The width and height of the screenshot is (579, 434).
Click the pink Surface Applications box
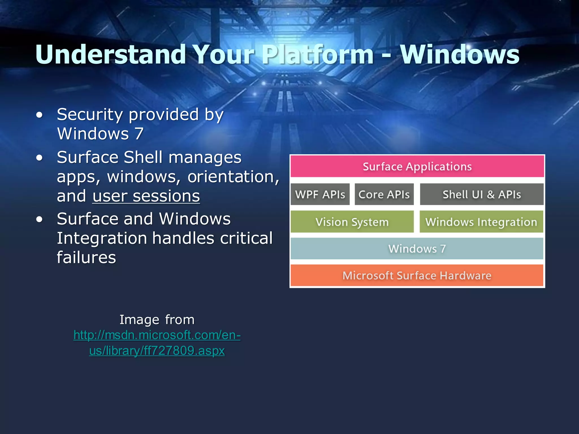tap(417, 166)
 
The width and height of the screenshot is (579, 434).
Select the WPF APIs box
tap(320, 194)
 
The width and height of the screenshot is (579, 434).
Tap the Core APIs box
tap(384, 194)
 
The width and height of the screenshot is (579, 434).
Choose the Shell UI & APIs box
tap(481, 194)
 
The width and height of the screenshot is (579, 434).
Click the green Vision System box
tap(352, 222)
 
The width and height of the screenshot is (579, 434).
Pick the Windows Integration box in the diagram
tap(481, 222)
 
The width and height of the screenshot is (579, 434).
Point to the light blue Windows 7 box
tap(417, 249)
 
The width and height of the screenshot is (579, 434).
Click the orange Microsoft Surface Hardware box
tap(417, 275)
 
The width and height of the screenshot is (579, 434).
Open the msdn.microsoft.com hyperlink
tap(157, 343)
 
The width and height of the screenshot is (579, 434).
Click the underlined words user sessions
tap(146, 196)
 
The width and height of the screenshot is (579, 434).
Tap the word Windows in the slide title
tap(460, 55)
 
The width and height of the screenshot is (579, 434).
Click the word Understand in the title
tap(111, 55)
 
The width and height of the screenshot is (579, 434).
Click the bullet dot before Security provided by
tap(40, 115)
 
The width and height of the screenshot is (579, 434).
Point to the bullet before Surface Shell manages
tap(40, 158)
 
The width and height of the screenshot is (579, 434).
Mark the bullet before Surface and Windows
tap(40, 220)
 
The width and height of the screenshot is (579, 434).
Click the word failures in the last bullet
tap(86, 257)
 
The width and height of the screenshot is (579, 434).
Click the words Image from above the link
tap(157, 320)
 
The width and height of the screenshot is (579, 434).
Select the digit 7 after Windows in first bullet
tap(139, 133)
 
